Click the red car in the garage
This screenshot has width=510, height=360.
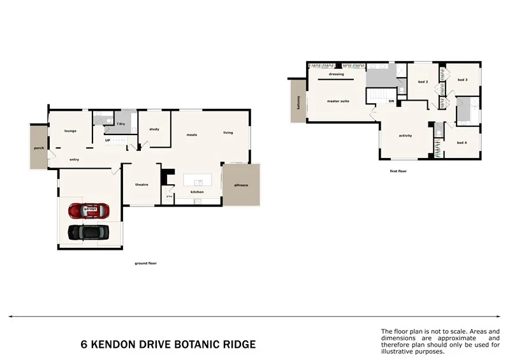pos(89,210)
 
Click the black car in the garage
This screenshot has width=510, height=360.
pos(87,233)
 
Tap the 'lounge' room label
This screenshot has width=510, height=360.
pos(70,131)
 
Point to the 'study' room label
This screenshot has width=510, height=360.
pos(154,129)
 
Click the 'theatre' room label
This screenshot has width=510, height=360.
pos(142,185)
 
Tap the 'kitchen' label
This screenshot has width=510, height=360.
pos(198,192)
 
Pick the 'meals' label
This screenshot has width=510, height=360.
pos(191,134)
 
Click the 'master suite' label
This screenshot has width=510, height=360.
pos(338,101)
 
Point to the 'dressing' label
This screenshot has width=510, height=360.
pos(337,75)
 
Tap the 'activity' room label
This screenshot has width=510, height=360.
pos(405,136)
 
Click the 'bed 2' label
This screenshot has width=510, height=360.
pos(423,82)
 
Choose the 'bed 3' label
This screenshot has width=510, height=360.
pos(463,80)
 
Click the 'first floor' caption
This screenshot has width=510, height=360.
pos(398,171)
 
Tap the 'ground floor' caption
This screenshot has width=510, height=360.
pos(145,263)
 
